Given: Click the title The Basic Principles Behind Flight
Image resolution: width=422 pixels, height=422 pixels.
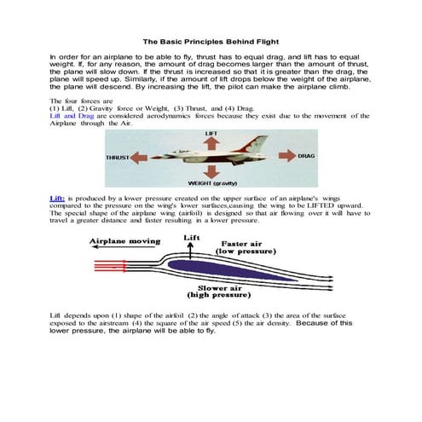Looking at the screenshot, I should pyautogui.click(x=211, y=40).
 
